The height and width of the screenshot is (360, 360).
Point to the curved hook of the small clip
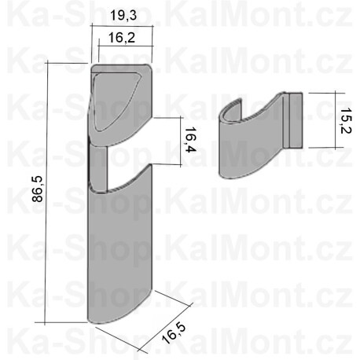(x=230, y=118)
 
